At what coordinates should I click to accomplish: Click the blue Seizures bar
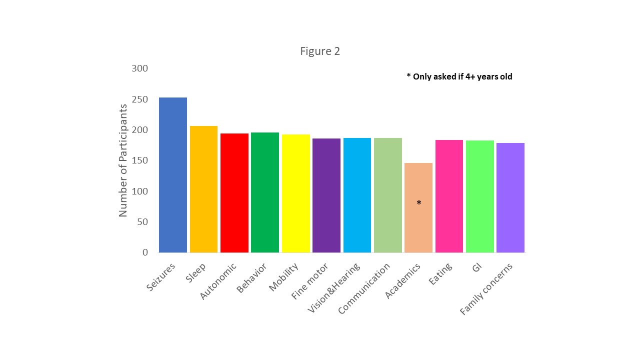(x=173, y=175)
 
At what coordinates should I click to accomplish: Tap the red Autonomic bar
(x=234, y=193)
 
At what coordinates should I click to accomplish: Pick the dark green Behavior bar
(x=265, y=192)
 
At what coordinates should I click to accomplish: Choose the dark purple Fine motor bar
(x=326, y=195)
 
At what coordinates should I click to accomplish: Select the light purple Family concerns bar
(x=510, y=197)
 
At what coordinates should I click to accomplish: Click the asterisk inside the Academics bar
(x=419, y=203)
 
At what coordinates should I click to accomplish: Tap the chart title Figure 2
(x=320, y=51)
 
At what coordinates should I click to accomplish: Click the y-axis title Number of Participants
(x=123, y=160)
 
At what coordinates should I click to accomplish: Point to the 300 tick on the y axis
(x=140, y=68)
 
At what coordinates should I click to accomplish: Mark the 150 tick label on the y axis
(x=140, y=160)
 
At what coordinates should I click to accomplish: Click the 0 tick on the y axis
(x=145, y=252)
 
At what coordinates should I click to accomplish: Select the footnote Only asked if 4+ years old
(x=459, y=76)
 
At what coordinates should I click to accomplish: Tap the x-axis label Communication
(x=364, y=289)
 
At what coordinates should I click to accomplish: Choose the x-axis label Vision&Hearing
(x=333, y=288)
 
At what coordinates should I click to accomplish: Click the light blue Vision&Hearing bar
(x=357, y=195)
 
